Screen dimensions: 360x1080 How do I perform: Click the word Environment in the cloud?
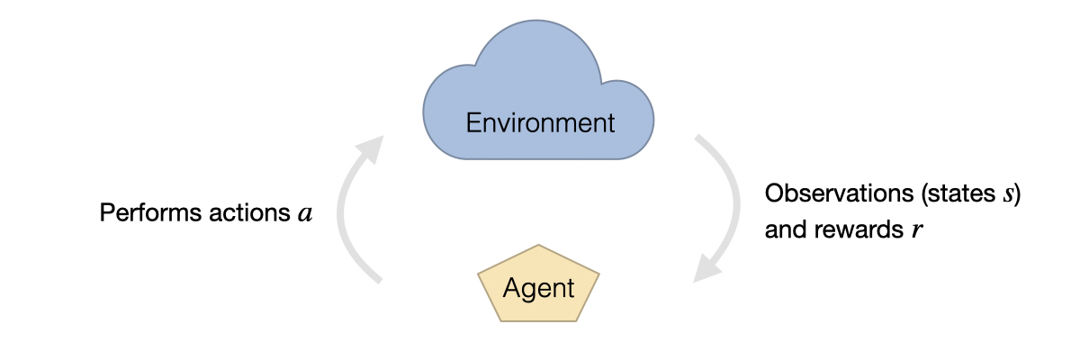point(540,122)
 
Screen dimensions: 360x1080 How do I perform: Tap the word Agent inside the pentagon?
point(538,288)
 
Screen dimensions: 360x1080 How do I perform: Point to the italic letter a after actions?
point(305,214)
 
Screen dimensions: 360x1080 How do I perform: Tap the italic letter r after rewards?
point(918,230)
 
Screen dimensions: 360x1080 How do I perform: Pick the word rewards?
point(868,230)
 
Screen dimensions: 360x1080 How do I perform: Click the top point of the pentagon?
point(537,246)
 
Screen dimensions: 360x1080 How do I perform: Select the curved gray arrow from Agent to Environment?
point(342,216)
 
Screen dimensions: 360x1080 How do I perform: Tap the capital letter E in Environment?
point(472,122)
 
